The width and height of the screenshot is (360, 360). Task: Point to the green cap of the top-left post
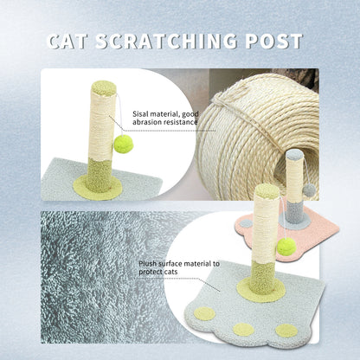point(103,87)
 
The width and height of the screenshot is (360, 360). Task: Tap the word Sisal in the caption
point(142,113)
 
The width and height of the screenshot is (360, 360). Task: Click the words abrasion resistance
point(165,123)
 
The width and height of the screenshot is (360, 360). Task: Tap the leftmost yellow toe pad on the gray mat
point(204,313)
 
